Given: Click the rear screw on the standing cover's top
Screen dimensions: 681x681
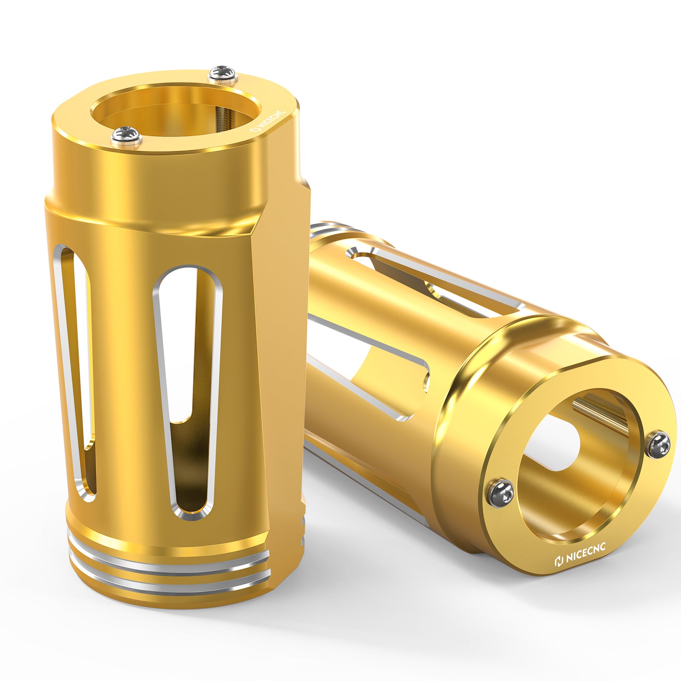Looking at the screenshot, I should tap(223, 74).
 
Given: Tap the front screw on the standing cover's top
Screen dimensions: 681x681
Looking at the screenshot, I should tap(126, 135).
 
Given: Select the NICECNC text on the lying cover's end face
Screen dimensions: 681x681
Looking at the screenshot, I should tap(585, 552).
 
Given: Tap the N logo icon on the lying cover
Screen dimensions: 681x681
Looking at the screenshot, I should tap(559, 561).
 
